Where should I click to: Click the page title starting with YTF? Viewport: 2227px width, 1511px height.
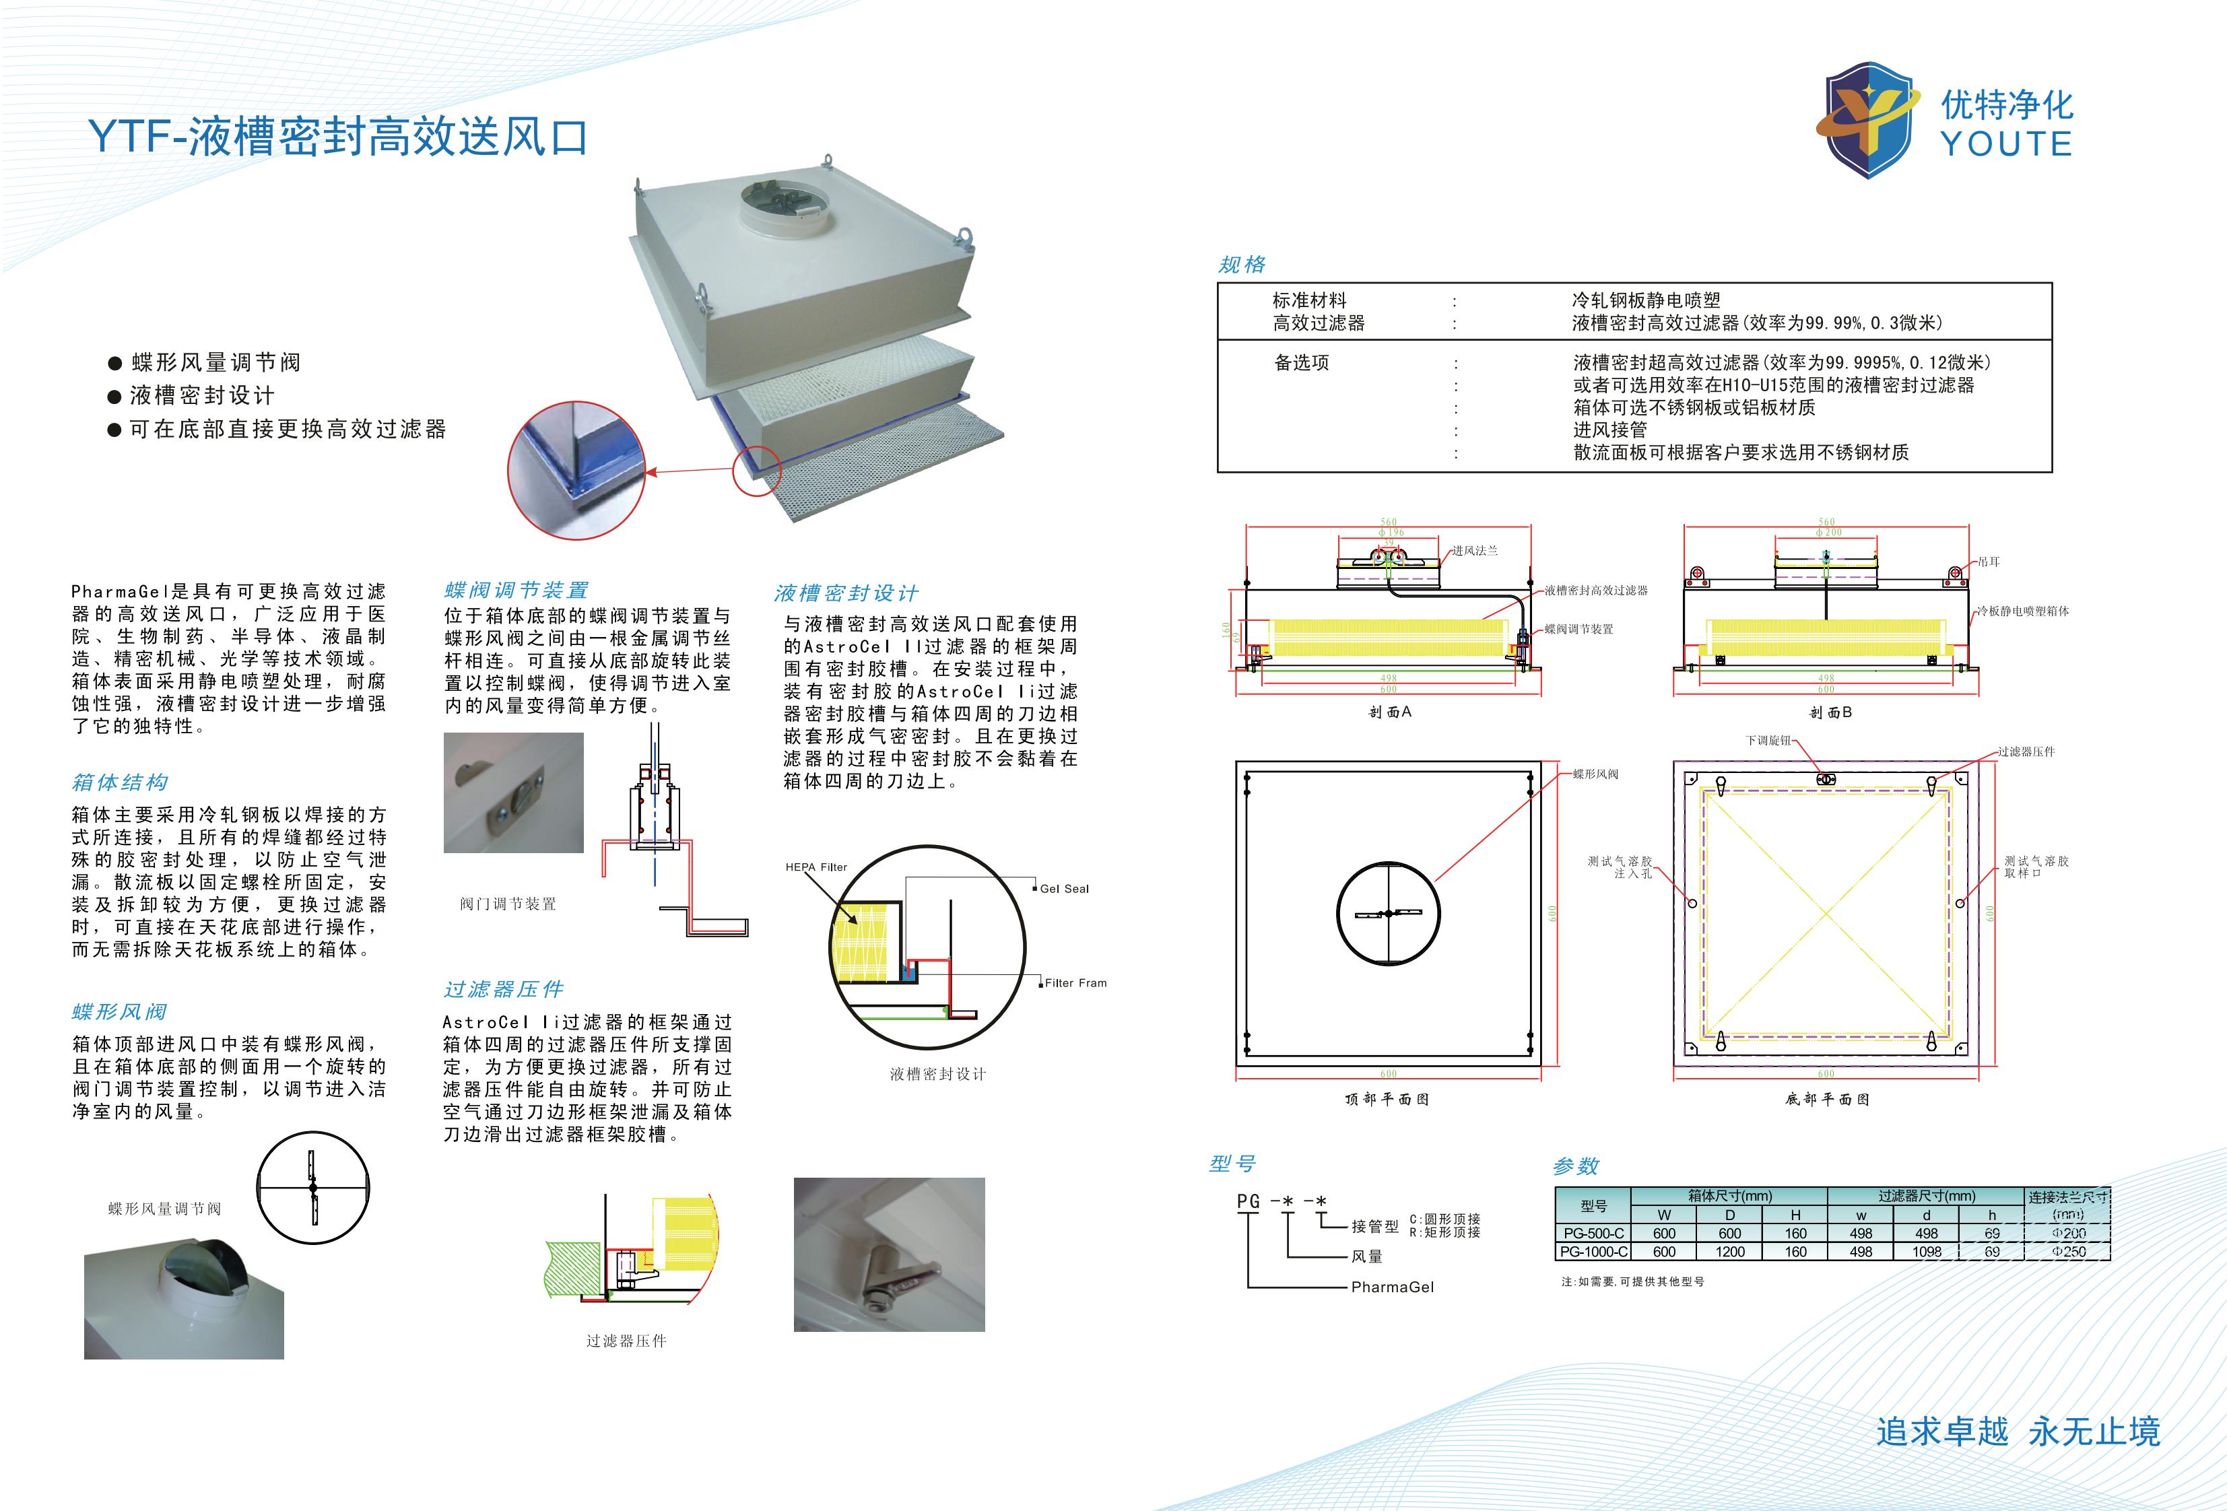337,137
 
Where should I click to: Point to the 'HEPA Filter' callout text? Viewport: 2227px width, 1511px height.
816,867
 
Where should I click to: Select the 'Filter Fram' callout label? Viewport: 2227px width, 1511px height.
1075,983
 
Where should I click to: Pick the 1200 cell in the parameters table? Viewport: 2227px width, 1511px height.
1729,1251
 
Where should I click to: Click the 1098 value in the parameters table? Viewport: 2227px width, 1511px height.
1926,1251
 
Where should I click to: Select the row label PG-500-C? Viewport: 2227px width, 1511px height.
1593,1233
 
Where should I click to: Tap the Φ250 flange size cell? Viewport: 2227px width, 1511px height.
2069,1251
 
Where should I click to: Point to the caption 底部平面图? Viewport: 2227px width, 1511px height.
1826,1099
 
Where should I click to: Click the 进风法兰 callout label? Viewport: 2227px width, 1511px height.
1474,551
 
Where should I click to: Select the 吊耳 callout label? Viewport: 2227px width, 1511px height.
1989,562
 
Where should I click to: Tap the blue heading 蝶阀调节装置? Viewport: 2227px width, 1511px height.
517,591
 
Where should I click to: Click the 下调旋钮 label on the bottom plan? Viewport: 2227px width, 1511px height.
1767,741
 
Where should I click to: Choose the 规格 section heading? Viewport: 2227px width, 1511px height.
1242,265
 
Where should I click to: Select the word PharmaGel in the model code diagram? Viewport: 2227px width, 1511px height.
1393,1287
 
